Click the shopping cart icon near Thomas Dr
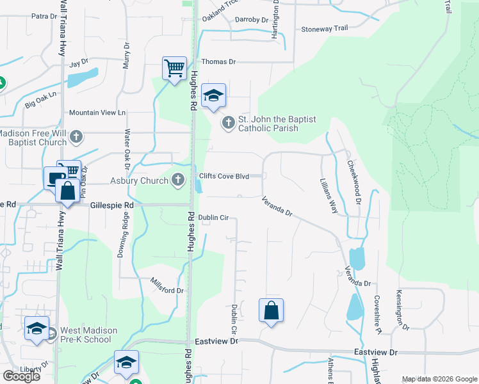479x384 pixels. pyautogui.click(x=174, y=67)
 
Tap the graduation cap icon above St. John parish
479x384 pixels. pyautogui.click(x=213, y=96)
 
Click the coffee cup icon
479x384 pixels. pyautogui.click(x=54, y=177)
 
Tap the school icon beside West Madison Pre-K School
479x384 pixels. pyautogui.click(x=37, y=329)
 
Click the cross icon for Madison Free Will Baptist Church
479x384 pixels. pyautogui.click(x=76, y=137)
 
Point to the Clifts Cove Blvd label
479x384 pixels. pyautogui.click(x=223, y=177)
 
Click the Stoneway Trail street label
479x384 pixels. pyautogui.click(x=324, y=29)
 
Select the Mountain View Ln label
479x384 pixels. pyautogui.click(x=97, y=113)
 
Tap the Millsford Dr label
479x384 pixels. pyautogui.click(x=167, y=286)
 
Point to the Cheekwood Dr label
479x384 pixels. pyautogui.click(x=354, y=182)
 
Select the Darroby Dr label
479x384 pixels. pyautogui.click(x=251, y=20)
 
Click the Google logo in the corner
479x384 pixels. pyautogui.click(x=21, y=376)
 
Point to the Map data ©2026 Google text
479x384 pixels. pyautogui.click(x=439, y=380)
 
